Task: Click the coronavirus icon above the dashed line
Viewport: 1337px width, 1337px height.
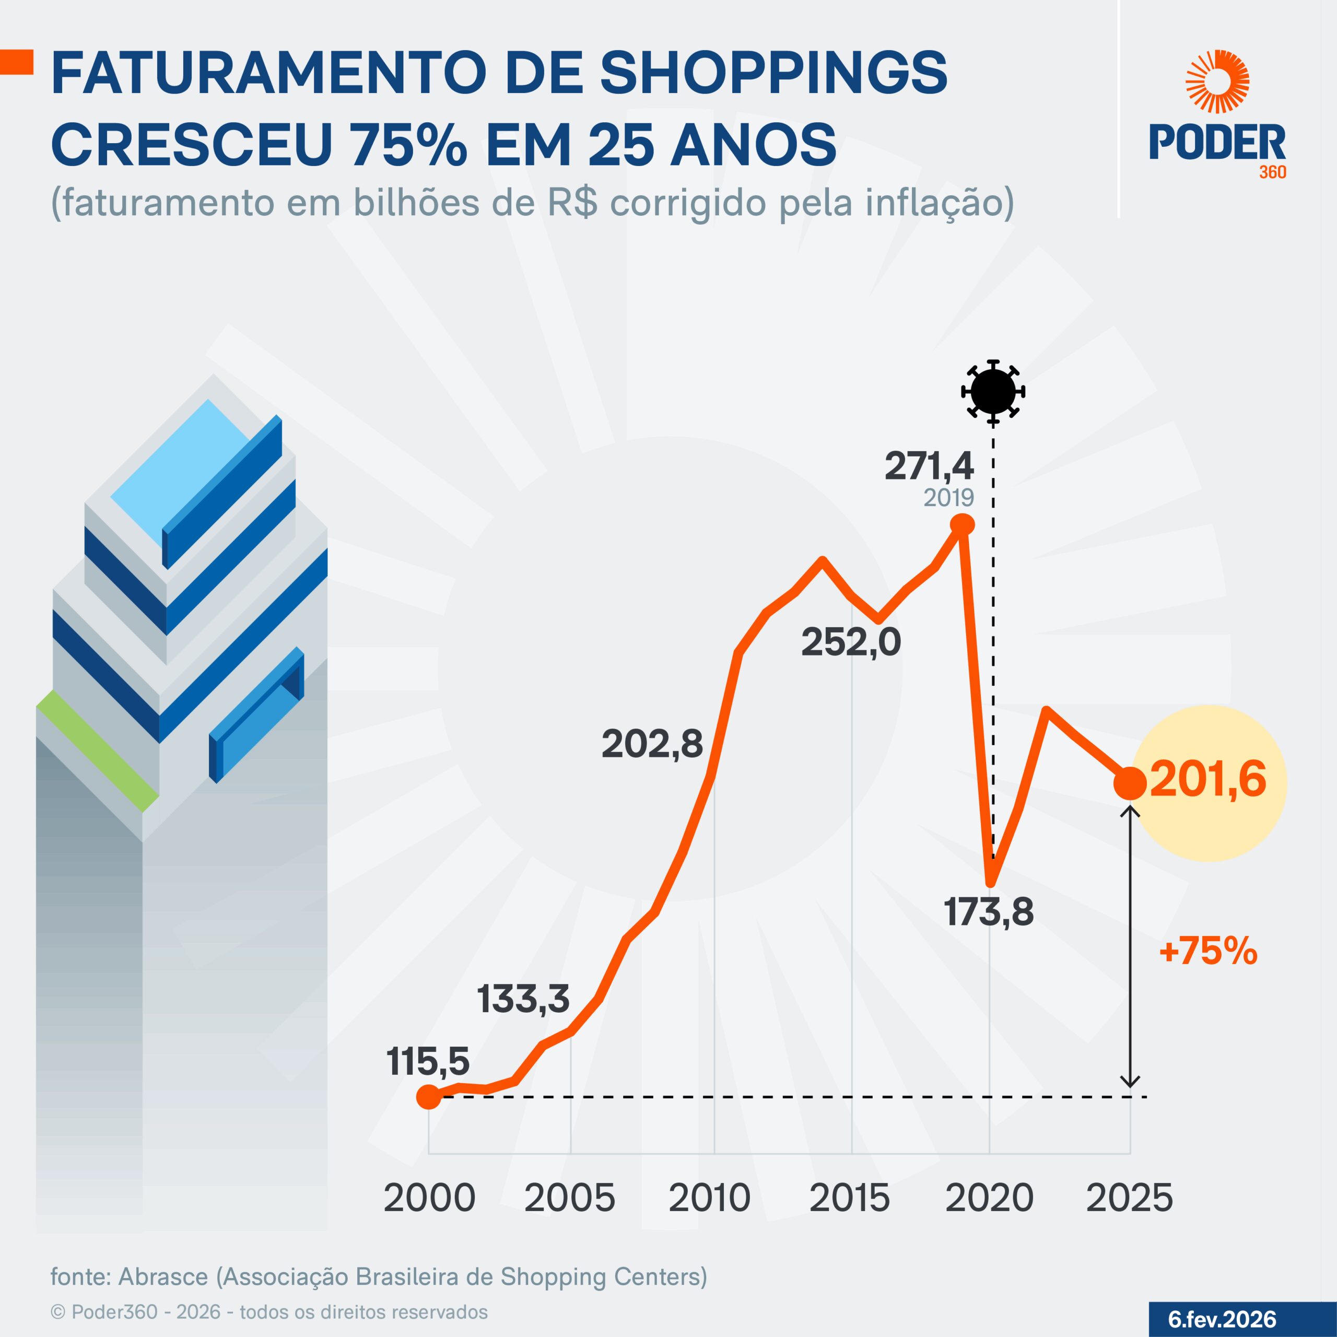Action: tap(993, 392)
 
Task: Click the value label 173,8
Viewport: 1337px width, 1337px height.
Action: tap(989, 911)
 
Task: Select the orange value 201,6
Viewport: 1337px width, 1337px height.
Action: tap(1207, 779)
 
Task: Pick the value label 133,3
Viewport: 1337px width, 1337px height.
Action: tap(523, 999)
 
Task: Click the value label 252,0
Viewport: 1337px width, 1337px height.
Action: tap(851, 642)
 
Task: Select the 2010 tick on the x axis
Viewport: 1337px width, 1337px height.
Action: tap(709, 1198)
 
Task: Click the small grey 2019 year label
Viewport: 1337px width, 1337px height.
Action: tap(949, 498)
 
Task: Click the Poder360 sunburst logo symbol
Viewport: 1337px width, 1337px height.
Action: tap(1217, 81)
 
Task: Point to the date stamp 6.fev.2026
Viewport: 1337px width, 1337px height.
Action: tap(1222, 1319)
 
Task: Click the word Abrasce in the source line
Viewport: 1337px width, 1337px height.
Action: tap(163, 1277)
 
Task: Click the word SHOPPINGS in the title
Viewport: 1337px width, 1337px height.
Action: tap(773, 73)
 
